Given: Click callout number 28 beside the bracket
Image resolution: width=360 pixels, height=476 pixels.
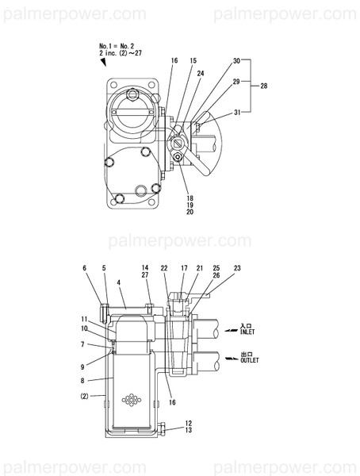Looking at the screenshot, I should point(264,85).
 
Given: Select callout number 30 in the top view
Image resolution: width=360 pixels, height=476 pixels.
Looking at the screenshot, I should point(237,60).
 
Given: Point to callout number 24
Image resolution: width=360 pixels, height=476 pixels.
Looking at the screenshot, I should point(201,74).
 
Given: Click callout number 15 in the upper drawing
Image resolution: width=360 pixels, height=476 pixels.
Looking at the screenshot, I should point(193,60).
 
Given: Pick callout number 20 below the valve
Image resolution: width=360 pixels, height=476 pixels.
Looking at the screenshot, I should point(190,212).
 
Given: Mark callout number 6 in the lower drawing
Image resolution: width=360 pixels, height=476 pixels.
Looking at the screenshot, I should point(84,269).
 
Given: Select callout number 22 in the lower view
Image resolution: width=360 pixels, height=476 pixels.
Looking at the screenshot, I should point(164,269).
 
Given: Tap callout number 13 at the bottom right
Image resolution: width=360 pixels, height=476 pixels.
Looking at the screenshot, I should point(189,430).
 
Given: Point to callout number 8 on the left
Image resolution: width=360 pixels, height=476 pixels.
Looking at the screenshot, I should point(84,380).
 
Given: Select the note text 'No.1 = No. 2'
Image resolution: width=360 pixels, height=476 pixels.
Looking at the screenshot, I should point(117,47).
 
